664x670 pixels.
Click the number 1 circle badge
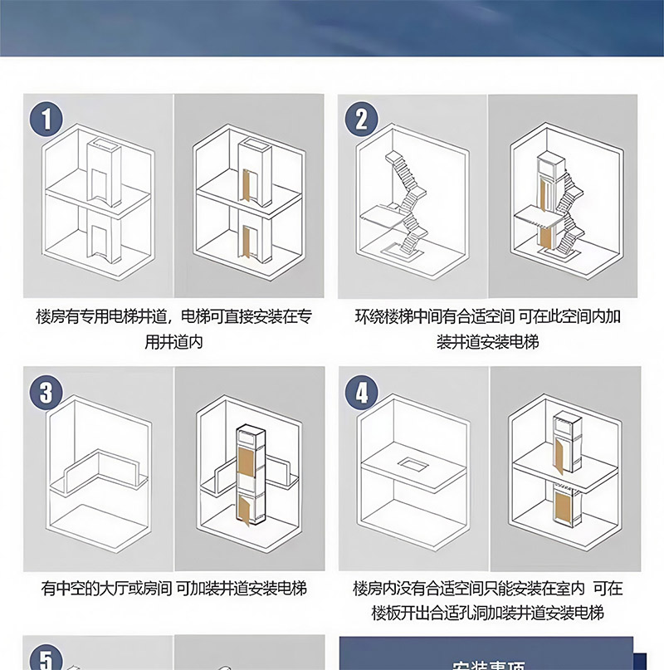click(46, 119)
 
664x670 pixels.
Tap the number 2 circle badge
click(360, 119)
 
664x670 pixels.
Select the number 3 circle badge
click(46, 391)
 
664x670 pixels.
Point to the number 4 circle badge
click(360, 391)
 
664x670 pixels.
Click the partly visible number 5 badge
click(46, 658)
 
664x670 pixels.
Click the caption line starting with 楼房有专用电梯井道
click(174, 317)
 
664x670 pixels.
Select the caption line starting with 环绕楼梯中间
click(488, 317)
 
